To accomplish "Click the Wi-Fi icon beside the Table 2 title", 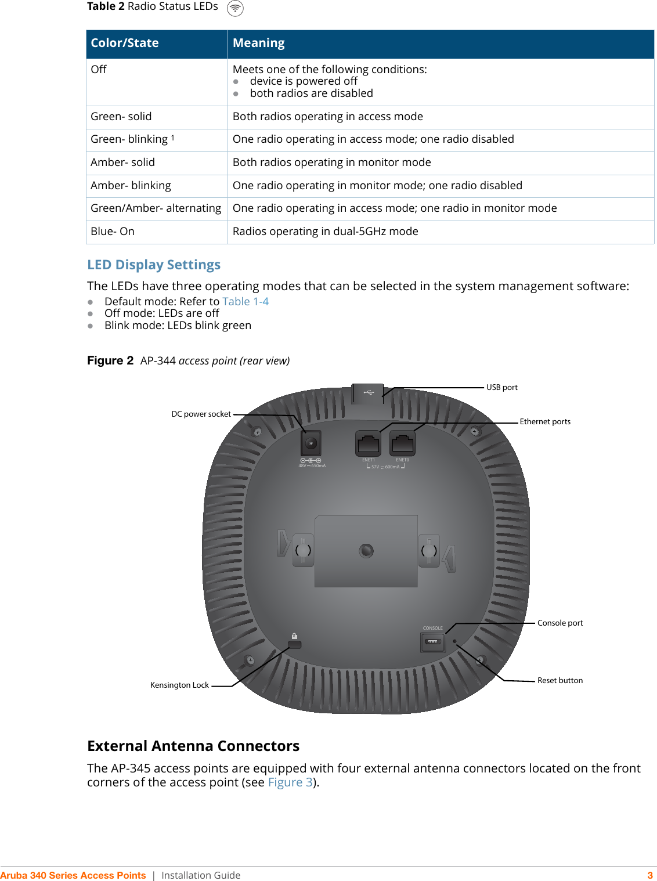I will [235, 8].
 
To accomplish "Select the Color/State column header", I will [125, 44].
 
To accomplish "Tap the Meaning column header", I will [259, 44].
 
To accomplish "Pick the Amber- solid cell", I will [123, 163].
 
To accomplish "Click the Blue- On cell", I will [113, 232].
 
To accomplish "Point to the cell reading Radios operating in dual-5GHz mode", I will [326, 232].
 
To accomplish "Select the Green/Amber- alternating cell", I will [156, 208].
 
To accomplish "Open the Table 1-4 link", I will [246, 302].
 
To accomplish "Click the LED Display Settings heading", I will [154, 265].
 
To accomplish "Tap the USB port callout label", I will [502, 388].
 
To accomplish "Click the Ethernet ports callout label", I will [545, 422].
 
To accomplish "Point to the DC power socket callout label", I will [201, 414].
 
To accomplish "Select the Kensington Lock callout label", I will [179, 685].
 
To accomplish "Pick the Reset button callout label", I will [560, 681].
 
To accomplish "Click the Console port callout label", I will [560, 623].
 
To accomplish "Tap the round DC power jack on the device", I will [311, 444].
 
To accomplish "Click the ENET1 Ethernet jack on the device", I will [368, 444].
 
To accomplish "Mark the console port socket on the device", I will [432, 642].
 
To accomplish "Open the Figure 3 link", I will [290, 783].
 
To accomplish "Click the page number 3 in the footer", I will [650, 875].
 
